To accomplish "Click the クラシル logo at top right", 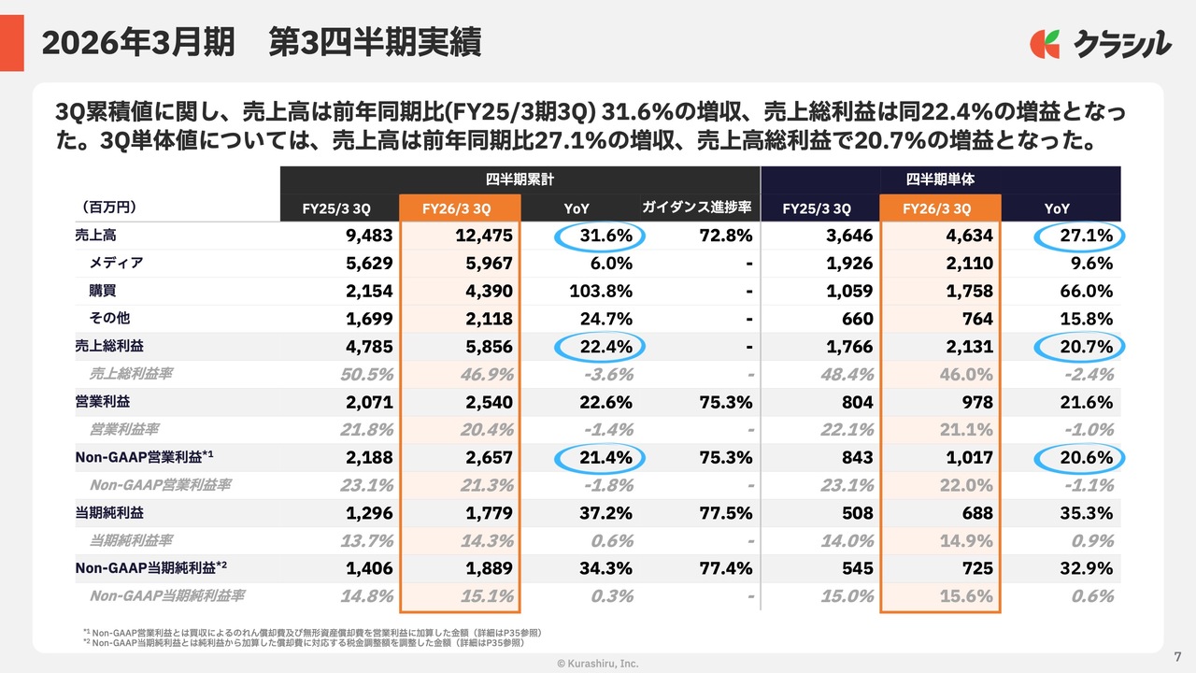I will pyautogui.click(x=1100, y=43).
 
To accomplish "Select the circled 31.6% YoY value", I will pyautogui.click(x=601, y=236).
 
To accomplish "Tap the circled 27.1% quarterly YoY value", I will pyautogui.click(x=1080, y=236).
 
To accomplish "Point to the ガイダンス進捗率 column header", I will pyautogui.click(x=697, y=208).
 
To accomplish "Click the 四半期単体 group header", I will pyautogui.click(x=940, y=179).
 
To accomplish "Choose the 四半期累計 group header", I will pyautogui.click(x=520, y=179).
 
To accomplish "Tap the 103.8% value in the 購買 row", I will pyautogui.click(x=601, y=292).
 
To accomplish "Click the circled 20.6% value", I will pyautogui.click(x=1080, y=458).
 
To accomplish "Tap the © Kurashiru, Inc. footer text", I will pyautogui.click(x=598, y=663).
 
